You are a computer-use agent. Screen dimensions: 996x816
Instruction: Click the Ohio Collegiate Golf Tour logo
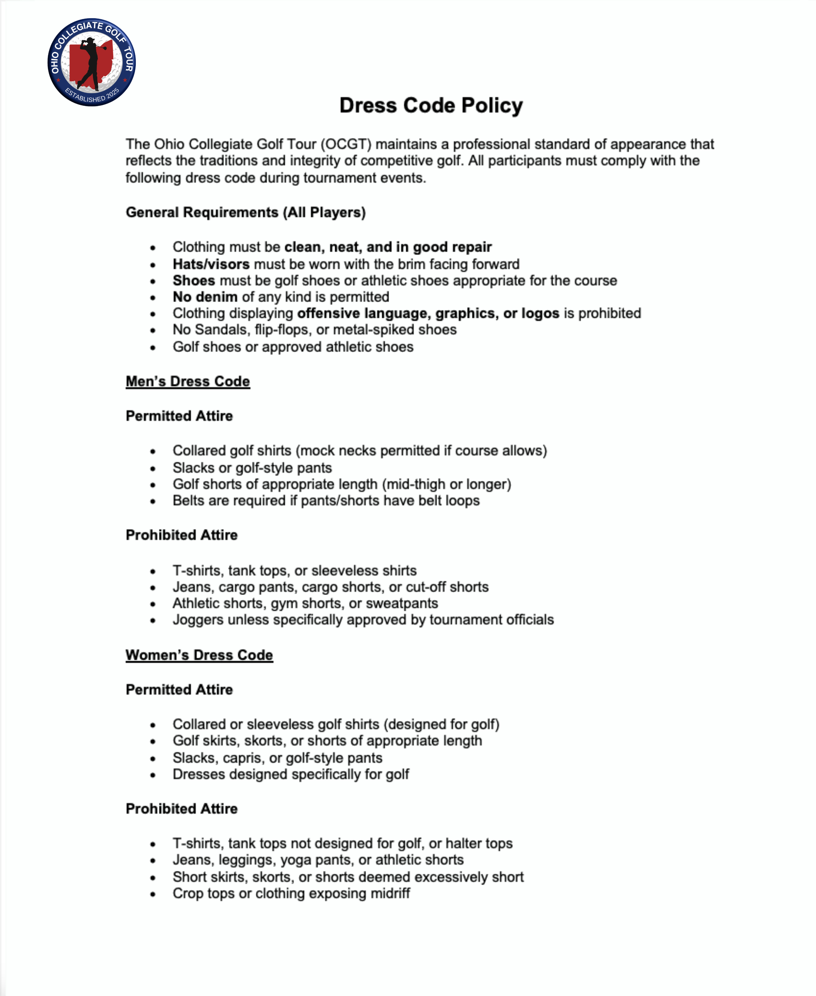92,62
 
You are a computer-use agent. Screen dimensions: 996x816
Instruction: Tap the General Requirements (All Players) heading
245,213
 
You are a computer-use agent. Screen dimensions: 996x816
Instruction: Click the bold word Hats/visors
211,264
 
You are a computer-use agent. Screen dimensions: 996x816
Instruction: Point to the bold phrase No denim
205,297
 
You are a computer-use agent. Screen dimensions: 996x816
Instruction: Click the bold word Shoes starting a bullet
194,281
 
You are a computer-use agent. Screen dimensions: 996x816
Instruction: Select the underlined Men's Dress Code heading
188,381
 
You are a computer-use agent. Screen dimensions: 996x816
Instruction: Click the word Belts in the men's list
188,501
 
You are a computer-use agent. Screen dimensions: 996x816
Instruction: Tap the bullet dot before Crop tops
153,894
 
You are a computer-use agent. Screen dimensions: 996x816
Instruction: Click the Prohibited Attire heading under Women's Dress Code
181,809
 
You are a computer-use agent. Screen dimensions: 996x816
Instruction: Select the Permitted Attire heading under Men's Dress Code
179,416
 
